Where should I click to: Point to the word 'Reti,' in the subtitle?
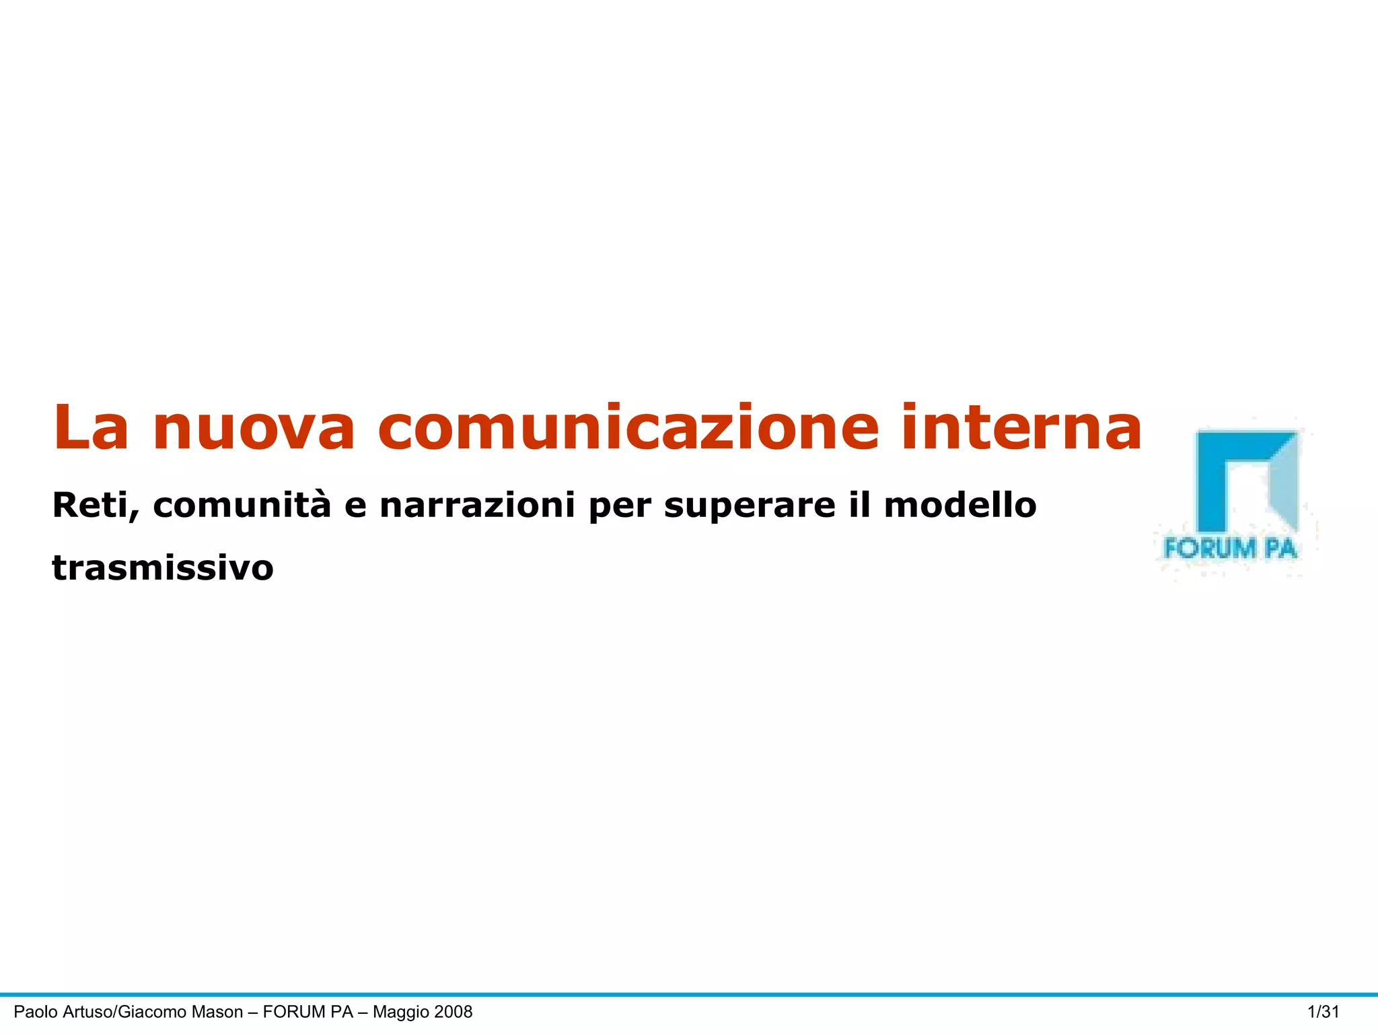click(96, 506)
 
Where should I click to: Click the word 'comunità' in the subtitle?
click(242, 506)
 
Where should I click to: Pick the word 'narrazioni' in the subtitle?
click(477, 506)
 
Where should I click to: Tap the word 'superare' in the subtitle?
click(750, 507)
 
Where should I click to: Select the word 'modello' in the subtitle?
click(960, 506)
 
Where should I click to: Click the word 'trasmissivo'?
click(163, 567)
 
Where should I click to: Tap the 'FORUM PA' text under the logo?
click(1230, 549)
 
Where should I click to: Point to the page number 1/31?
click(1323, 1012)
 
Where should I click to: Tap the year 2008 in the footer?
click(454, 1012)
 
